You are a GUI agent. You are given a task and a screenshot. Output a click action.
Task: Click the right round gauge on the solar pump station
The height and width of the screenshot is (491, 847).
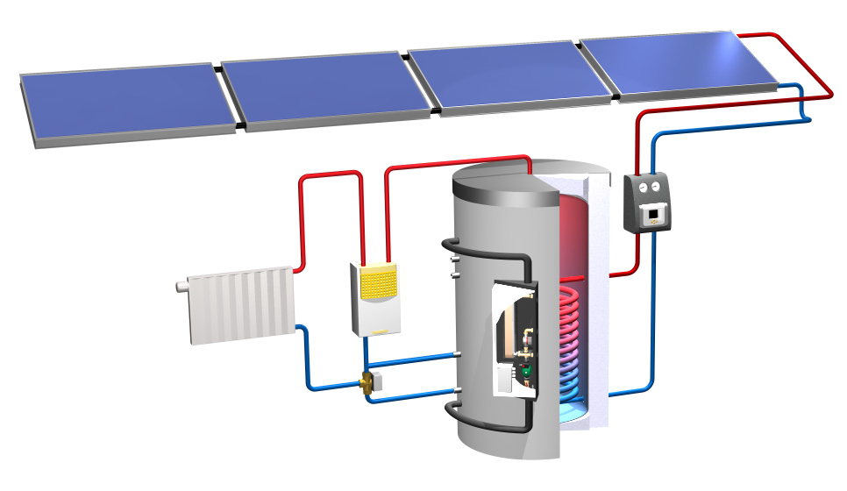point(658,187)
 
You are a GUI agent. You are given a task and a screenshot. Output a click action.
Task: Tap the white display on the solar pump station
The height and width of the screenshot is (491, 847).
point(652,214)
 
